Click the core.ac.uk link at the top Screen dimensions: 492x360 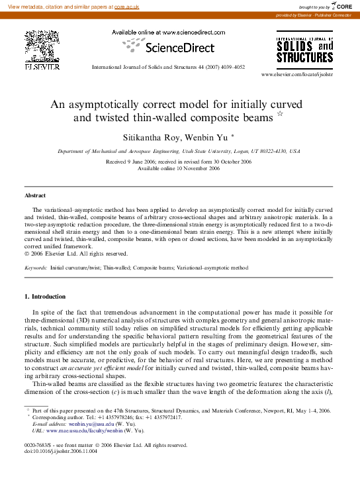pos(128,6)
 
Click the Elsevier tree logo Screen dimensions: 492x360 pos(42,46)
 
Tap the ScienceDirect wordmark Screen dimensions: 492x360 pos(179,48)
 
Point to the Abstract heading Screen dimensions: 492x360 pos(35,196)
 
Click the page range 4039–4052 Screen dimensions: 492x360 pos(230,67)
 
